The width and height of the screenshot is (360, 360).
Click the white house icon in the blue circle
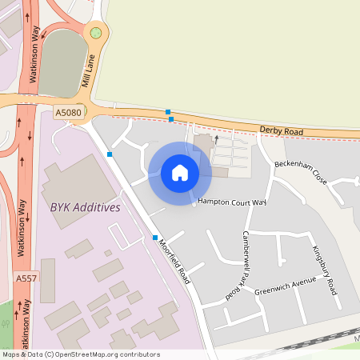(179, 173)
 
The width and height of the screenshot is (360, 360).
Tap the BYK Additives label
(85, 207)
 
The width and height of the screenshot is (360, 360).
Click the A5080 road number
(69, 114)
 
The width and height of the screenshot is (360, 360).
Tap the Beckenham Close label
(301, 171)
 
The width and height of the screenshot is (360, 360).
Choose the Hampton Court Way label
(232, 202)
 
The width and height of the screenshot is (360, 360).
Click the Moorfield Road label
(174, 262)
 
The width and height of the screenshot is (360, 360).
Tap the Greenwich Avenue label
(286, 288)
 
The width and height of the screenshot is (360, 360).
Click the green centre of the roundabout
(96, 33)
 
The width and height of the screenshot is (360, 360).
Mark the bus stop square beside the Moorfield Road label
(155, 238)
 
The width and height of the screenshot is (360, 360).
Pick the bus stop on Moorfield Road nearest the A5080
(110, 154)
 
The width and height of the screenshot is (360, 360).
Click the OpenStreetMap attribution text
(81, 354)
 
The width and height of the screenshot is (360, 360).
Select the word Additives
(97, 207)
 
